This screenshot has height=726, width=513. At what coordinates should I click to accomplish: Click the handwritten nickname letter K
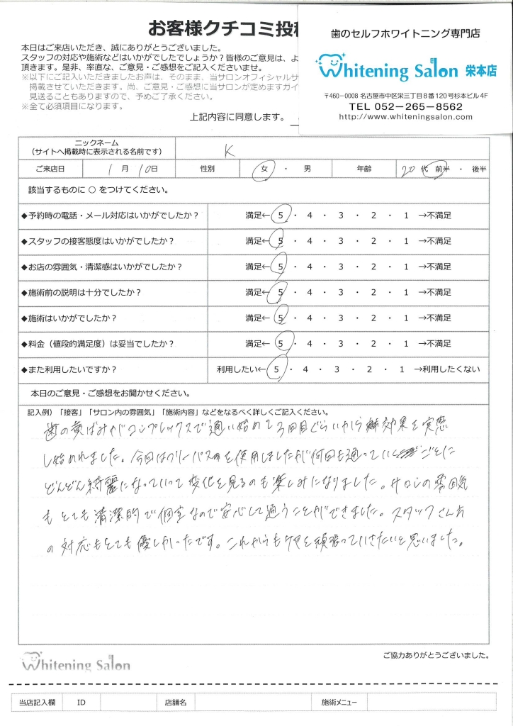[x=229, y=150]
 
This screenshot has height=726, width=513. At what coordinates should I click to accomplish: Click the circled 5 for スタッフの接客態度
[x=281, y=240]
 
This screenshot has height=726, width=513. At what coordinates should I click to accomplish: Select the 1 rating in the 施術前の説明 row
[x=405, y=292]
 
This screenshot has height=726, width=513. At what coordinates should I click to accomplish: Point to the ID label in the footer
[x=81, y=702]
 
